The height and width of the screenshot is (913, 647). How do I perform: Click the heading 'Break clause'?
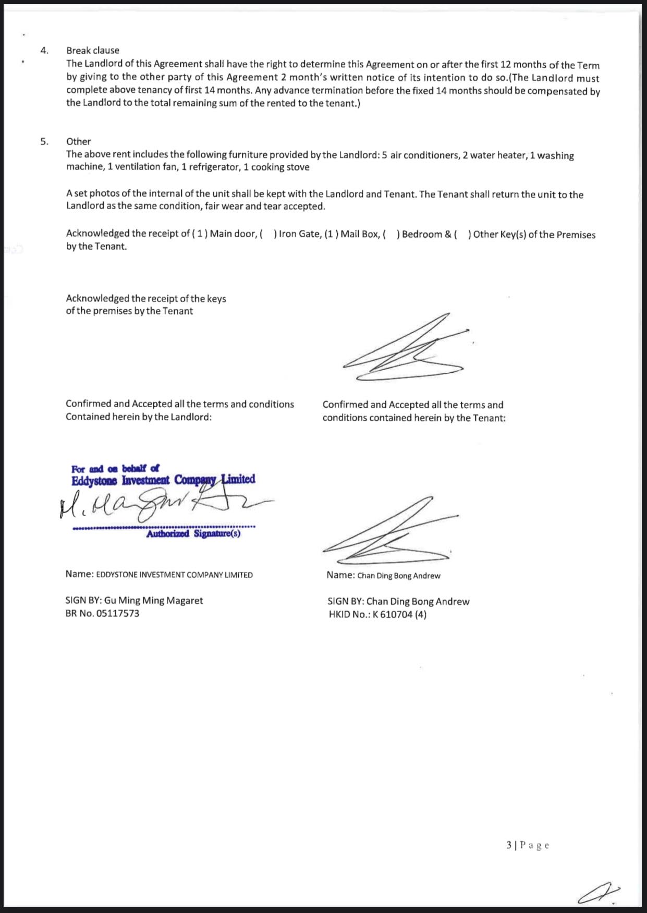[x=92, y=51]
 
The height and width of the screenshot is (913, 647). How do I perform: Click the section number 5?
[x=44, y=141]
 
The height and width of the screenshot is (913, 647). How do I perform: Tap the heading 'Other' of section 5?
[x=78, y=141]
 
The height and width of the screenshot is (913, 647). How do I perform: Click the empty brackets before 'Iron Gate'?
[x=268, y=234]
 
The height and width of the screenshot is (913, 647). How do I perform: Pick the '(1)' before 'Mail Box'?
[x=331, y=234]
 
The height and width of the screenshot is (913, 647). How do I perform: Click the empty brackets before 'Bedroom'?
[x=391, y=234]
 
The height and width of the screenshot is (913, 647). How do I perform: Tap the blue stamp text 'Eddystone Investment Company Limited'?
[x=163, y=480]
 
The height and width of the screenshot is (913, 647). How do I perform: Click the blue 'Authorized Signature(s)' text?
[x=193, y=534]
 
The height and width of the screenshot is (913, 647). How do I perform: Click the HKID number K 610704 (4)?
[x=399, y=615]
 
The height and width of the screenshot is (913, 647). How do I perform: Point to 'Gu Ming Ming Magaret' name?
[x=153, y=601]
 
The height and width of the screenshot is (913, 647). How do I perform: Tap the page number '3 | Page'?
[x=527, y=845]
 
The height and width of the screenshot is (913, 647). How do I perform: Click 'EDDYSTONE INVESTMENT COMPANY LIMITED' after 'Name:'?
[x=174, y=575]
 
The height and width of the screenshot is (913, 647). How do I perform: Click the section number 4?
[x=44, y=51]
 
